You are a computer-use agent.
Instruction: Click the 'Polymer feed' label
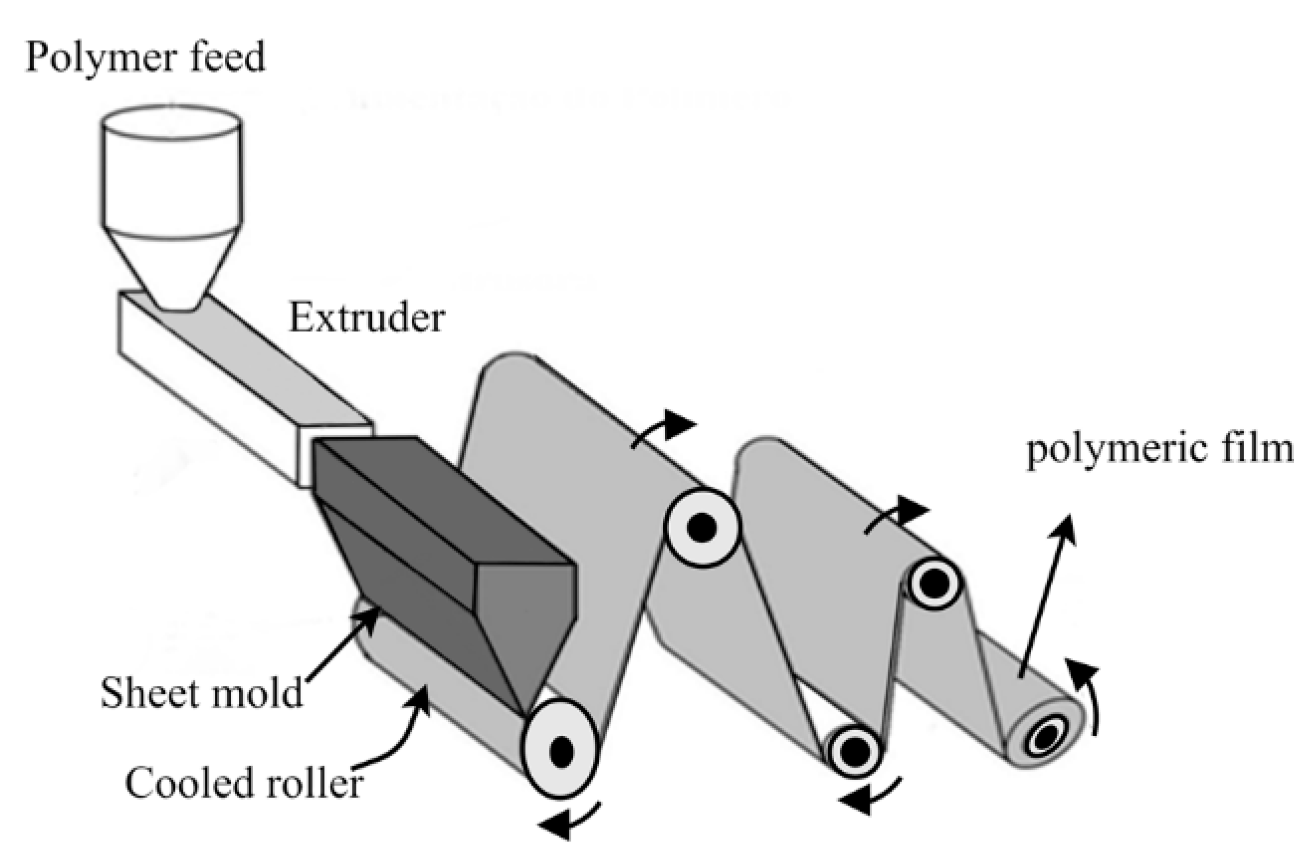145,58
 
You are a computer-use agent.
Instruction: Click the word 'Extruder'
366,318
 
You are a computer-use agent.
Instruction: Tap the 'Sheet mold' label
202,692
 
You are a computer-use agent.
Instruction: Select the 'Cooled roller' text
244,783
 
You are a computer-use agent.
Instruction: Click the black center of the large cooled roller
561,751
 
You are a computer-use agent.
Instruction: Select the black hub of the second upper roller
702,527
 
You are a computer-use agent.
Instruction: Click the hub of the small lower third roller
855,751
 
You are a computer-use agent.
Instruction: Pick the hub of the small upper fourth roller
934,583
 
